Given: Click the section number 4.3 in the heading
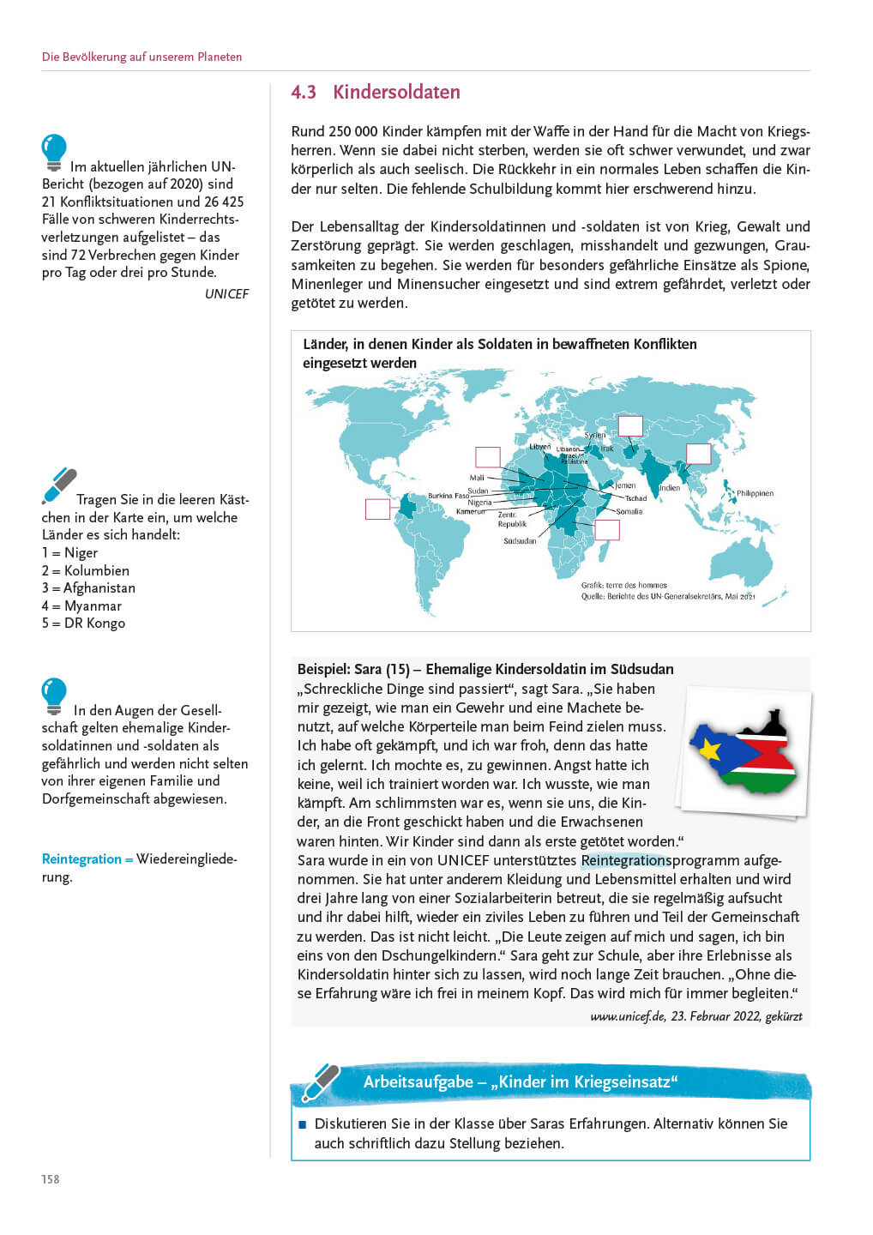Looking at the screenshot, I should (304, 93).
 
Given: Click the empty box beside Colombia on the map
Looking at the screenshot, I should (377, 509).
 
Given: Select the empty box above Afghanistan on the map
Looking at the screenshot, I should (630, 425).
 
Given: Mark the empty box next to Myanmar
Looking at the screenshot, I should (698, 454).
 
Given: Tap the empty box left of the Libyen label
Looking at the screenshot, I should (488, 456).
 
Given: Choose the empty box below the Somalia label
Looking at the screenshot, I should (607, 529).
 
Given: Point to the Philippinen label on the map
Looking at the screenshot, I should (755, 493).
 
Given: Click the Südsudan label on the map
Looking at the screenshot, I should (520, 541).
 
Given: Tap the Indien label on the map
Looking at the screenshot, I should (670, 488).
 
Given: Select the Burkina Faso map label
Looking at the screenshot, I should (449, 496).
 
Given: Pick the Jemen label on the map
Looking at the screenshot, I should (625, 485).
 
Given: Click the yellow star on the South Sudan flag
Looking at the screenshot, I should (710, 749).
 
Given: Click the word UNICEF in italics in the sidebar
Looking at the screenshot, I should (226, 294).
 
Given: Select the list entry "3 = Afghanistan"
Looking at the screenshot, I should (88, 588).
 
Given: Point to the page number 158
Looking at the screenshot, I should (51, 1179).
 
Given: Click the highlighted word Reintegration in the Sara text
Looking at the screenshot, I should (625, 860).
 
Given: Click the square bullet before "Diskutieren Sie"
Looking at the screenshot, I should (302, 1124).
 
